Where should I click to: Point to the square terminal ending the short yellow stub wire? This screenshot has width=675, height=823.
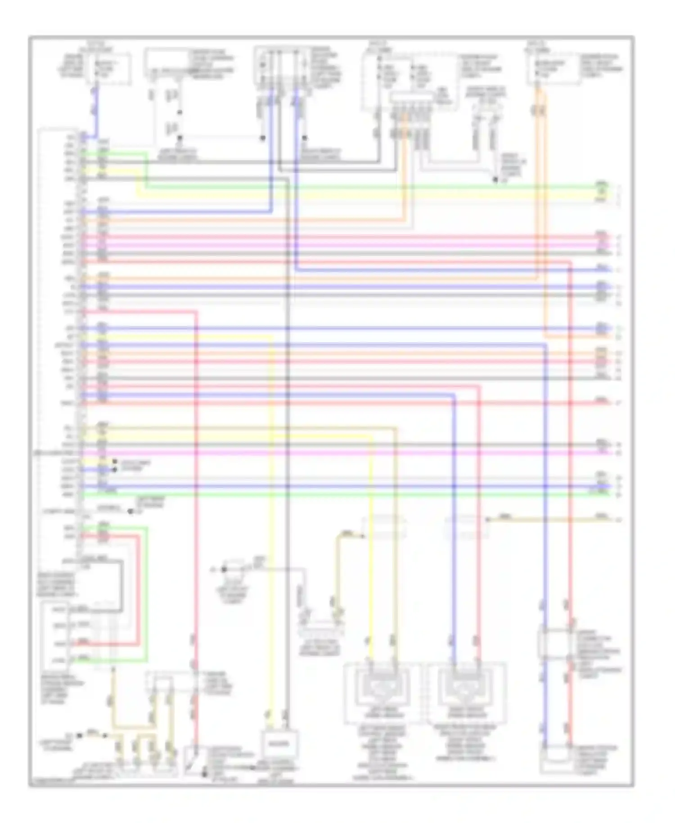[x=115, y=461]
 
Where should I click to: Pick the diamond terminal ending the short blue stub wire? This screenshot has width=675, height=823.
[x=115, y=470]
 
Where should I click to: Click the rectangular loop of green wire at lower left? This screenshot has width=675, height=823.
[x=147, y=594]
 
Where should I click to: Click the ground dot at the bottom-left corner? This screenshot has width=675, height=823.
[x=79, y=735]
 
